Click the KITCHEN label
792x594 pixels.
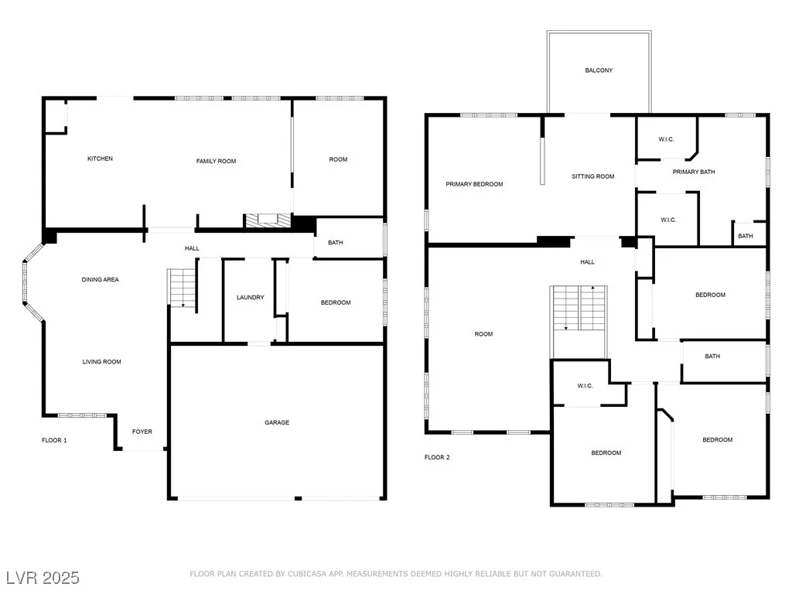point(100,159)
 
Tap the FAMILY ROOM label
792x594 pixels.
point(217,161)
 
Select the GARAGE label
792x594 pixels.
point(277,422)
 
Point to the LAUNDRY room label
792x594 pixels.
point(250,298)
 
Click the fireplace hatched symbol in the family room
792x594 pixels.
point(268,220)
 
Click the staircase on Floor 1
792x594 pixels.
point(181,288)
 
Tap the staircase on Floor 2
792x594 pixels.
point(579,308)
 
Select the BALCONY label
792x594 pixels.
point(599,70)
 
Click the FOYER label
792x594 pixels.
point(142,432)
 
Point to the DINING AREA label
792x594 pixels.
point(100,279)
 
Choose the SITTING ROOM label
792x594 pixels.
point(593,176)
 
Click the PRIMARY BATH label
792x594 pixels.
point(694,172)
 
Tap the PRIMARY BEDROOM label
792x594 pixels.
point(474,184)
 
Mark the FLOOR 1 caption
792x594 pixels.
point(54,440)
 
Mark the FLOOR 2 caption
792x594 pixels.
point(437,458)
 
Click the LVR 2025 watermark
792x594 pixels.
point(43,578)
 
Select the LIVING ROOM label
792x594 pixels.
point(101,362)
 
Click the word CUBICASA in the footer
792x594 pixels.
point(307,574)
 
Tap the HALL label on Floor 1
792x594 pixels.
point(192,248)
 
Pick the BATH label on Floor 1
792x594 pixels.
point(336,243)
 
